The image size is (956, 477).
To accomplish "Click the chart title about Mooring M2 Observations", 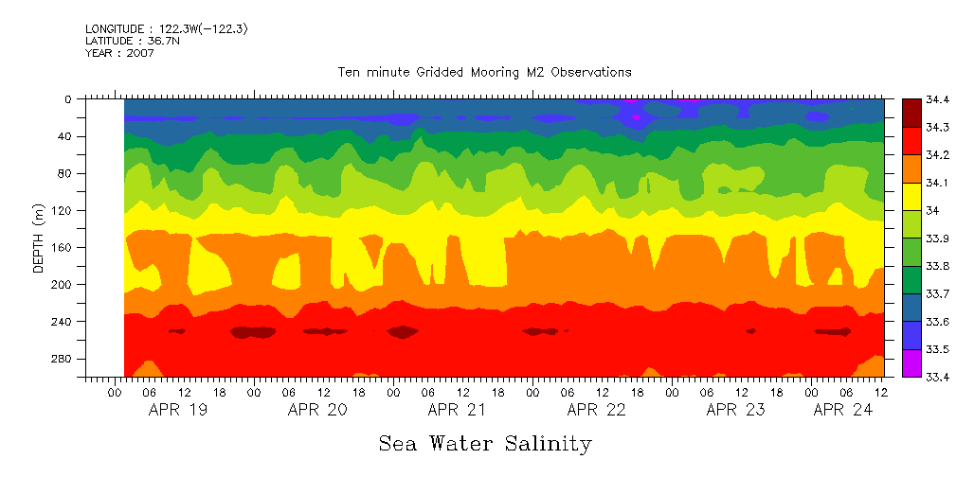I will pos(484,72).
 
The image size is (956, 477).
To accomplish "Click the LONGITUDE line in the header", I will pos(167,29).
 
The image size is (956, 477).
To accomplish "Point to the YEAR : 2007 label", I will pos(119,53).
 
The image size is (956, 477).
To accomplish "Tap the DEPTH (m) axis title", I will pos(39,237).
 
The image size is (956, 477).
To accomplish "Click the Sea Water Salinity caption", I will pos(485,443).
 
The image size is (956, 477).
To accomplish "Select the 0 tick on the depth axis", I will pos(68,98).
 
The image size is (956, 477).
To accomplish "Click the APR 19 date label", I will pos(178,410).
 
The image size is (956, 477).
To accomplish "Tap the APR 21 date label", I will pos(457,410).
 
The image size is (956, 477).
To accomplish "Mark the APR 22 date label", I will pos(596,410).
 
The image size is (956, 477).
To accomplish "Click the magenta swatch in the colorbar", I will pos(911,362).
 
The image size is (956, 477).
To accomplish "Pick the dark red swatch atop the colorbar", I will pos(911,113).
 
